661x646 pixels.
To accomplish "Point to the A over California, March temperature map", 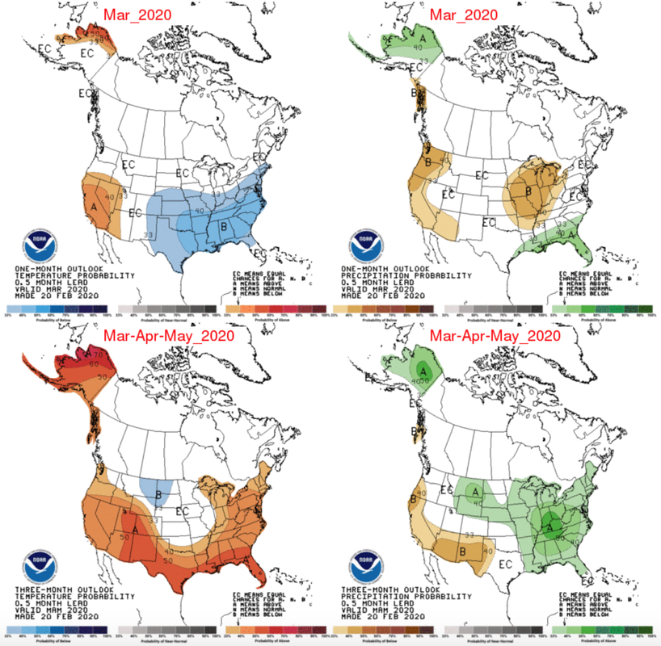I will [95, 206].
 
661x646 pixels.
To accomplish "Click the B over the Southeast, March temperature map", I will [223, 227].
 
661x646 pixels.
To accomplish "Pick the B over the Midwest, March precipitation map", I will [528, 192].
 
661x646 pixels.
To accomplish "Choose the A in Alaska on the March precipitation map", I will [422, 37].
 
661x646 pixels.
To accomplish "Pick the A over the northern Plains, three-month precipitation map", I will [477, 489].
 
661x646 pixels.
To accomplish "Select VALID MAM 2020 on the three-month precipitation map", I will [381, 605].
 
